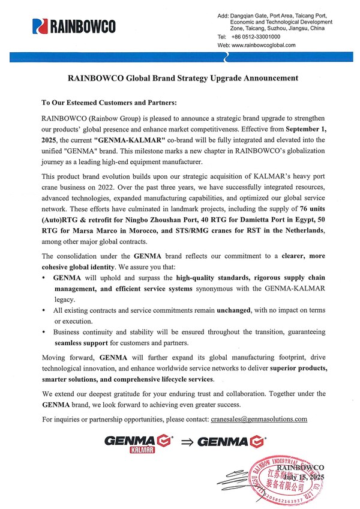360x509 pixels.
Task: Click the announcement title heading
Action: [x=183, y=78]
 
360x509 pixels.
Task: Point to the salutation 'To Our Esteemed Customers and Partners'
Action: [x=108, y=103]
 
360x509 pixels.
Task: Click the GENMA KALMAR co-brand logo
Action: [x=138, y=445]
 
